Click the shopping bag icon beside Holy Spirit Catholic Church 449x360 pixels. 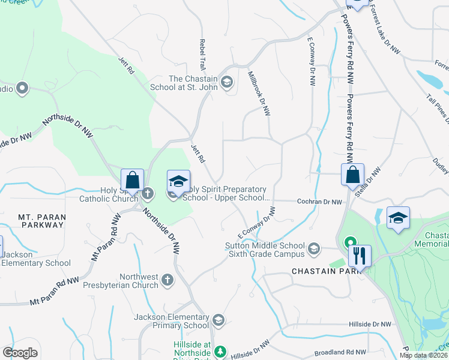click(132, 180)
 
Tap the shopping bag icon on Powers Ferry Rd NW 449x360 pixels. click(354, 175)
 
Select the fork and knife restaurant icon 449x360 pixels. click(360, 256)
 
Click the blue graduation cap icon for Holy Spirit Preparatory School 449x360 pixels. click(178, 181)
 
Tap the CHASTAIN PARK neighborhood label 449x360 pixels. click(325, 271)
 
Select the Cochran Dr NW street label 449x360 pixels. click(319, 202)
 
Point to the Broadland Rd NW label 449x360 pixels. click(340, 352)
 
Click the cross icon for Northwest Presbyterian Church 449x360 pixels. click(167, 279)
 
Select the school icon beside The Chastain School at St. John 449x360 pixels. click(227, 82)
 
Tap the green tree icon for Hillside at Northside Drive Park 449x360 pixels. click(221, 350)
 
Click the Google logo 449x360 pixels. click(20, 352)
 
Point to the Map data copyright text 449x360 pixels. click(423, 355)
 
